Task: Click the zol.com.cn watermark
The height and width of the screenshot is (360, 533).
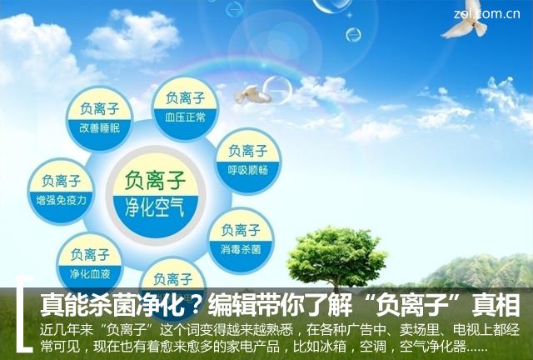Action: tap(498, 11)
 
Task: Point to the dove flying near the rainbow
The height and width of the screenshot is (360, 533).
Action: tap(252, 94)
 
